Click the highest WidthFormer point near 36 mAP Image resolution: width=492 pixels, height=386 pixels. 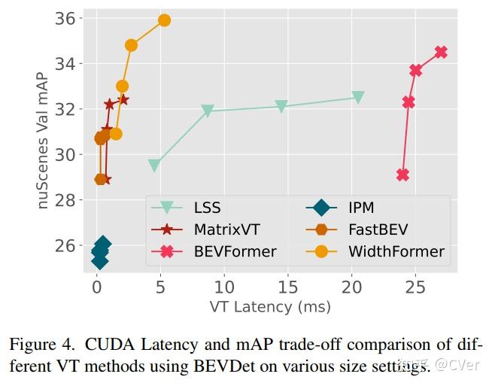[x=164, y=20]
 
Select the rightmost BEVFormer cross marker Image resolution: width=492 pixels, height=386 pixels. [x=441, y=52]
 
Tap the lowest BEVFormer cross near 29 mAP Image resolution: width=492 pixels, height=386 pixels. [x=402, y=175]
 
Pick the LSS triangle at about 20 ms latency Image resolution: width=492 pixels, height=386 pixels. [x=358, y=98]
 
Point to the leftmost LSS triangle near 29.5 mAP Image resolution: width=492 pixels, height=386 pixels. [x=154, y=166]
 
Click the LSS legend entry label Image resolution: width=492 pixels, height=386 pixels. [x=207, y=208]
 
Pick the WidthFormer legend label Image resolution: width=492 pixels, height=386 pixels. [x=396, y=251]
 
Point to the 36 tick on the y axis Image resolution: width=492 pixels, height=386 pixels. [x=68, y=18]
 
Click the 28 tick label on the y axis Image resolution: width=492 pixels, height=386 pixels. [x=68, y=200]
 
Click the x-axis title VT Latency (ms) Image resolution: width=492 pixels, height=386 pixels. [x=269, y=306]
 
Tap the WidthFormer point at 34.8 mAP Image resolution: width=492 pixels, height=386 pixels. [x=131, y=45]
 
